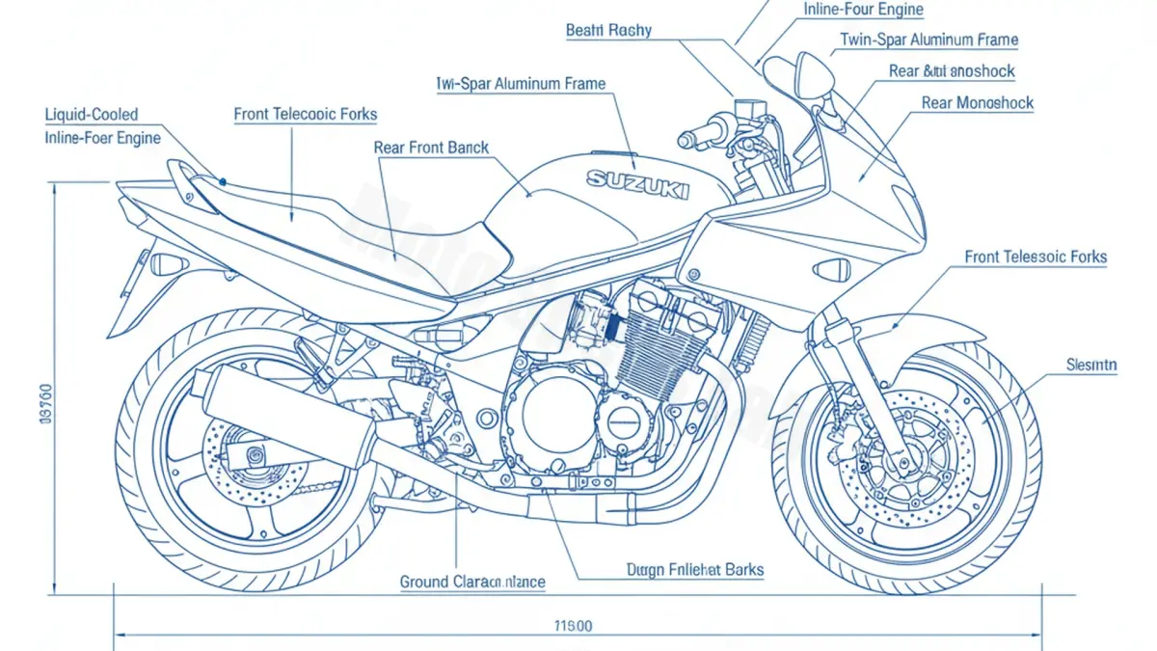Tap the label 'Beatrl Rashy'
(608, 30)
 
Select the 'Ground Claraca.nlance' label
(472, 582)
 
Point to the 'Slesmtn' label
(1091, 365)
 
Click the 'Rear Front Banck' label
(431, 149)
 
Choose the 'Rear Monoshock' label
(977, 103)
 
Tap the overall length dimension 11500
(573, 626)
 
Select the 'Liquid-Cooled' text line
(92, 115)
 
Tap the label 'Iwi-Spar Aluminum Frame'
(521, 84)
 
